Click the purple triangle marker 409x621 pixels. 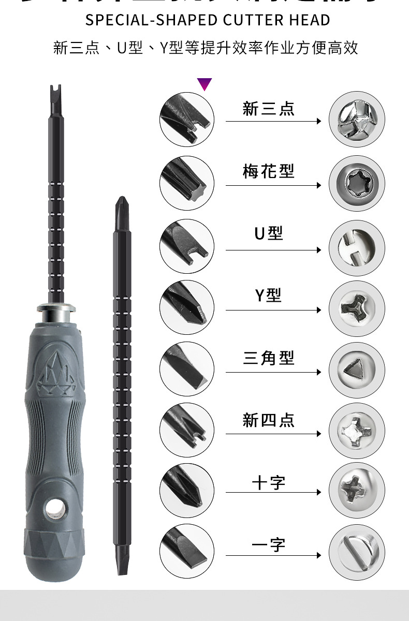[x=204, y=83]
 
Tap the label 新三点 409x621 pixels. [x=268, y=109]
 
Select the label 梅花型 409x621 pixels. [x=268, y=171]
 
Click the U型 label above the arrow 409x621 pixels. [x=268, y=234]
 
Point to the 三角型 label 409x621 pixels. [x=268, y=358]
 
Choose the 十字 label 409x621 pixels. [x=268, y=483]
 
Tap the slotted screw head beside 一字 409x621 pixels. [x=356, y=552]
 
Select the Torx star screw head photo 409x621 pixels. [x=356, y=183]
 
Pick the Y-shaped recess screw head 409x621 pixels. [x=356, y=309]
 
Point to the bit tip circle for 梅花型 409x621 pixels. [x=186, y=183]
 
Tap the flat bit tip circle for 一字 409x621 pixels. [x=186, y=552]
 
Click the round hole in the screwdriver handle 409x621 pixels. [x=54, y=510]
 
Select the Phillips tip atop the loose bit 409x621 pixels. [x=122, y=204]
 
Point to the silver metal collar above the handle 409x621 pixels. [x=56, y=313]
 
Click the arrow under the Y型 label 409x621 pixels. [x=273, y=310]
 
